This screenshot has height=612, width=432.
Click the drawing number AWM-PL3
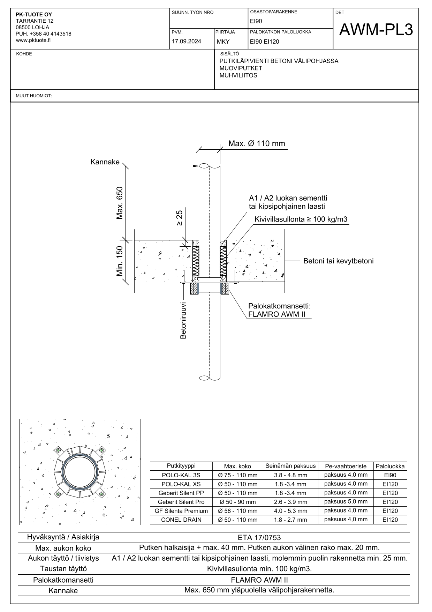[x=376, y=30]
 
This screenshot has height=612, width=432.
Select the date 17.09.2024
[x=186, y=42]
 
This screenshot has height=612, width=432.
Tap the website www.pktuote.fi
[x=33, y=40]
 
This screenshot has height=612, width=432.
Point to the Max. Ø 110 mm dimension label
[x=257, y=143]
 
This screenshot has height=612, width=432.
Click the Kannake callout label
[x=105, y=162]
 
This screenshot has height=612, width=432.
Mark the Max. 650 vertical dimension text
[x=120, y=203]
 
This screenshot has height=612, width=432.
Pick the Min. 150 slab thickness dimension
[x=120, y=261]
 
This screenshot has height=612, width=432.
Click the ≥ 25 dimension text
[x=179, y=218]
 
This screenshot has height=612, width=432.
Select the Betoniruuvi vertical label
[x=183, y=320]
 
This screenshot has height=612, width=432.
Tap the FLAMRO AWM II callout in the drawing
[x=276, y=314]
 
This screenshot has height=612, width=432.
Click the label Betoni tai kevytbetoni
[x=338, y=261]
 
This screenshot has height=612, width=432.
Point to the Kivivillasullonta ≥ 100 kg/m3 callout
[x=301, y=219]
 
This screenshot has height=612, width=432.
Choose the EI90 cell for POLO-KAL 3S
[x=390, y=475]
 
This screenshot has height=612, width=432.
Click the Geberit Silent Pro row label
[x=181, y=502]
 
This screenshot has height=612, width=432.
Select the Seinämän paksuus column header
[x=290, y=466]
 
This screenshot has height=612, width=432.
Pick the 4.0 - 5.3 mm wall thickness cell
[x=290, y=511]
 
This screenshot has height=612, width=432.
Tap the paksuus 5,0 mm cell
[x=346, y=502]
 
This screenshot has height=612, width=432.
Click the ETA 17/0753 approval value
[x=259, y=538]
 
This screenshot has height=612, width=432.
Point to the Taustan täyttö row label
[x=63, y=569]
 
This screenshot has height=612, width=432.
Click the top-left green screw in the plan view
[x=58, y=450]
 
